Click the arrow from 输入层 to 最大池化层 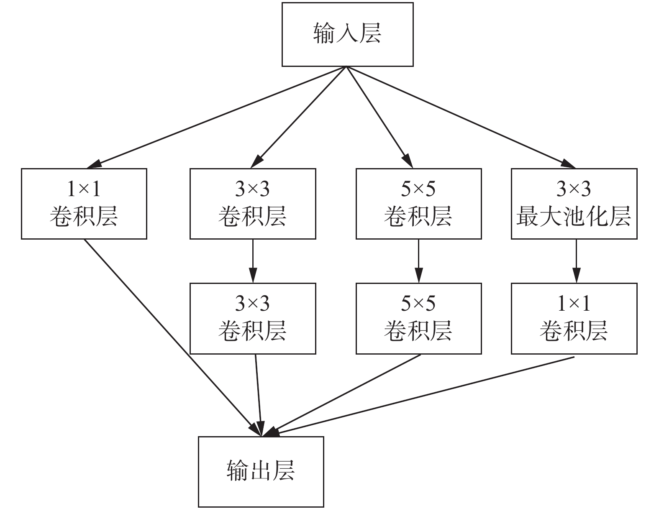click(x=461, y=118)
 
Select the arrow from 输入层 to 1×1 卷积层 click(x=216, y=118)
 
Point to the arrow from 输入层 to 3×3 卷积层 click(x=298, y=118)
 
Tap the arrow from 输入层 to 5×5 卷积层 click(x=380, y=118)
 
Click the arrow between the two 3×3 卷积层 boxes click(x=253, y=261)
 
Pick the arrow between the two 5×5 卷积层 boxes click(x=419, y=261)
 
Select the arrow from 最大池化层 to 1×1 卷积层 click(x=576, y=261)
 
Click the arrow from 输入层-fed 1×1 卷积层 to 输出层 click(x=172, y=338)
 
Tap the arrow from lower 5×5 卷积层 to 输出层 click(x=341, y=396)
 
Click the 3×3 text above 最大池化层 click(x=574, y=189)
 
